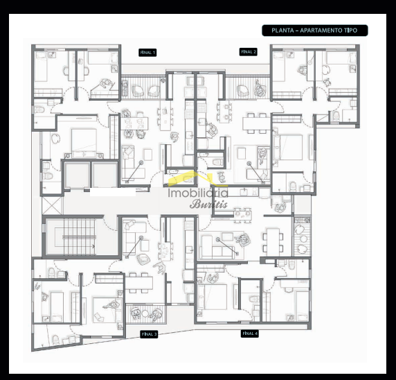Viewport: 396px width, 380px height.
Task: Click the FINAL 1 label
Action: pyautogui.click(x=147, y=53)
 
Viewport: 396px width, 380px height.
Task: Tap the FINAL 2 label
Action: pyautogui.click(x=249, y=51)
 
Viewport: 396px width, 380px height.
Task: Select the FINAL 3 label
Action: pyautogui.click(x=149, y=334)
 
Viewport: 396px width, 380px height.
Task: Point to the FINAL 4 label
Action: pyautogui.click(x=249, y=334)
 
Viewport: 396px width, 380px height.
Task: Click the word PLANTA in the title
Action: pyautogui.click(x=282, y=31)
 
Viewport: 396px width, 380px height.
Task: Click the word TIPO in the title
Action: pyautogui.click(x=350, y=31)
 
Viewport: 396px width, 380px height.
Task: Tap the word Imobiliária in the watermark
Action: pyautogui.click(x=198, y=193)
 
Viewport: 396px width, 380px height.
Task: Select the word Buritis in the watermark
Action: pyautogui.click(x=208, y=204)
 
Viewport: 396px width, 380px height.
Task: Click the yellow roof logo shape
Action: pyautogui.click(x=195, y=177)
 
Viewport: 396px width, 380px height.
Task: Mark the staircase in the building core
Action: pyautogui.click(x=79, y=236)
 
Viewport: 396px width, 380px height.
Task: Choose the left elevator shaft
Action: pyautogui.click(x=77, y=175)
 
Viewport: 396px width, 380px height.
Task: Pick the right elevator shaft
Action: pyautogui.click(x=105, y=175)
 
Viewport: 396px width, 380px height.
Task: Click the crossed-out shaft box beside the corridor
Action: pyautogui.click(x=52, y=206)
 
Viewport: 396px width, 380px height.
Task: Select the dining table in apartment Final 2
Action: pyautogui.click(x=257, y=123)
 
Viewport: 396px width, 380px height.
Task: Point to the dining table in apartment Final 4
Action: pyautogui.click(x=273, y=243)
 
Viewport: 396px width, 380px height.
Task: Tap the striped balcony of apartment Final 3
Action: pyautogui.click(x=146, y=314)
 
